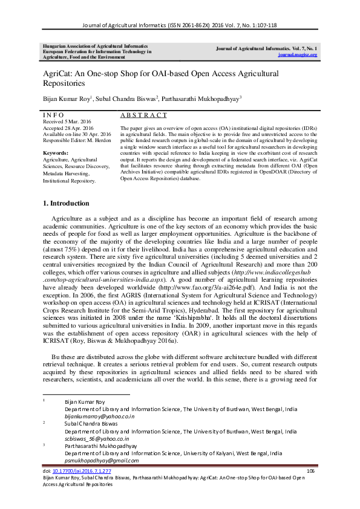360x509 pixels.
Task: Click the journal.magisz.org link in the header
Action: [x=298, y=54]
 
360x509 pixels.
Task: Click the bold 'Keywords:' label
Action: [x=56, y=153]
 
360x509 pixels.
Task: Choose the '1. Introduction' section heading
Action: [x=66, y=203]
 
